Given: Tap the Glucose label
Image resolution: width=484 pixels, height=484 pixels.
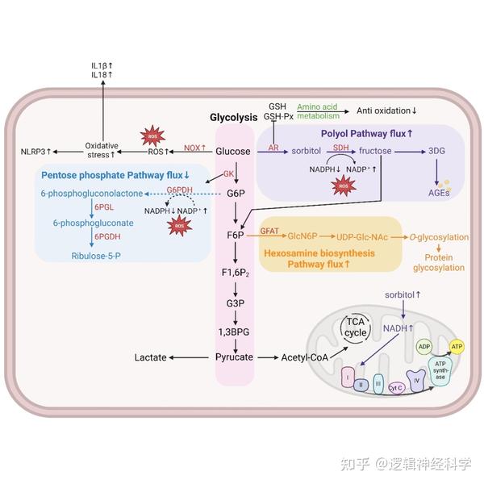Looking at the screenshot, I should tap(233, 151).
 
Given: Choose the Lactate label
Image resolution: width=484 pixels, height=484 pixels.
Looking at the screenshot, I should tap(151, 356).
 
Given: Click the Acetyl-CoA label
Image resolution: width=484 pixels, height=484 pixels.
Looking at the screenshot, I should tap(303, 356).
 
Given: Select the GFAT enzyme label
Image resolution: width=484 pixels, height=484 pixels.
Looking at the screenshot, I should tap(269, 232).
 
